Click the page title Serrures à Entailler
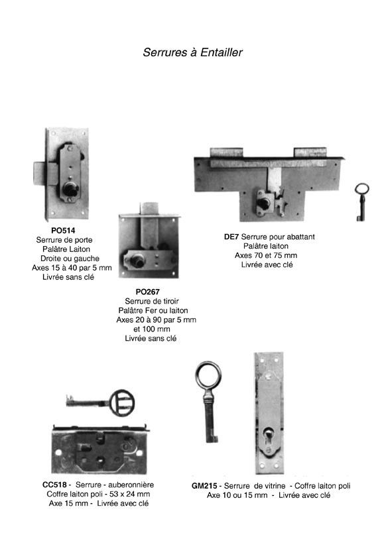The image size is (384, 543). click(192, 52)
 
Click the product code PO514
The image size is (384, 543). click(63, 230)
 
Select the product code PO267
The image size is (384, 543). click(147, 292)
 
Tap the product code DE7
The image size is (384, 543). click(231, 237)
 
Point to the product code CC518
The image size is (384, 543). click(54, 485)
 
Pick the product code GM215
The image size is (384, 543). click(204, 486)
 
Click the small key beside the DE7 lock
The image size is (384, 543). click(361, 202)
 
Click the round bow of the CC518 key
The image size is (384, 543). click(122, 402)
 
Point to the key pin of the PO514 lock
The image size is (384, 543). click(70, 189)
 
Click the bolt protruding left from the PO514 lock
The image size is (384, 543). click(40, 174)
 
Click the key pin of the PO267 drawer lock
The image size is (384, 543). click(138, 259)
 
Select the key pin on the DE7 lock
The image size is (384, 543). click(263, 203)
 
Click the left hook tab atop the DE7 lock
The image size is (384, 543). click(226, 152)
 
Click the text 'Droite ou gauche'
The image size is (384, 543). click(70, 259)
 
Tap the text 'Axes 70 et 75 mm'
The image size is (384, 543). click(266, 255)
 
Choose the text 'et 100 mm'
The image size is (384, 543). click(152, 329)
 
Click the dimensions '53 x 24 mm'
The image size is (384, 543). click(130, 494)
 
